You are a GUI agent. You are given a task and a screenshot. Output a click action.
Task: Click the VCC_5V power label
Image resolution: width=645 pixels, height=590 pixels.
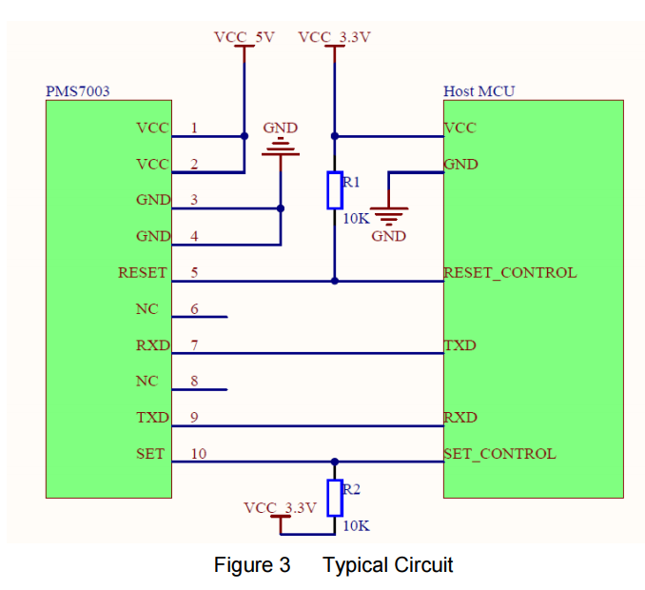244,37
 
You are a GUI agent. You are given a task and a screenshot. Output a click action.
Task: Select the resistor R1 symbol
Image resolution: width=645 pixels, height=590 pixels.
335,190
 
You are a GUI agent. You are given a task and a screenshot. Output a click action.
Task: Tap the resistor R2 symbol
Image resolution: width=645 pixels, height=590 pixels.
335,498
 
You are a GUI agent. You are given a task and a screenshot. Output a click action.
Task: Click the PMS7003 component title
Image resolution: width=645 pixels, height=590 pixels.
78,91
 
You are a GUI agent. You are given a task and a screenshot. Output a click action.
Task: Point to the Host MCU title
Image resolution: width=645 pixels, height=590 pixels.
479,91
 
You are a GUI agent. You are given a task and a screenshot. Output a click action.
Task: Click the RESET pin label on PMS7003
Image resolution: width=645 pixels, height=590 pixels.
143,272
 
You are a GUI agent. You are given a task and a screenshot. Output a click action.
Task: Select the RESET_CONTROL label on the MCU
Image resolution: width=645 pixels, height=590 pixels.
510,273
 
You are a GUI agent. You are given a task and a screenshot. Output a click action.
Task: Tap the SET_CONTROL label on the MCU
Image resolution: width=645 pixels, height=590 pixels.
499,454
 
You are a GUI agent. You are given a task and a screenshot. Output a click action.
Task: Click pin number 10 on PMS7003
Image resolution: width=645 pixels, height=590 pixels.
198,453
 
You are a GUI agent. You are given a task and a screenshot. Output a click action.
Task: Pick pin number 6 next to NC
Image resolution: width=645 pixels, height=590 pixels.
195,308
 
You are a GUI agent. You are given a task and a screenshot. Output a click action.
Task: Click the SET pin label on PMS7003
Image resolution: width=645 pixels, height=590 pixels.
150,453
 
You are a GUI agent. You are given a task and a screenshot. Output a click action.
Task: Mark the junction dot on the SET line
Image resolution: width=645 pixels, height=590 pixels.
335,462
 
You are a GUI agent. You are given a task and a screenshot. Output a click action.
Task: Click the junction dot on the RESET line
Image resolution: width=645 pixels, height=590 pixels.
335,281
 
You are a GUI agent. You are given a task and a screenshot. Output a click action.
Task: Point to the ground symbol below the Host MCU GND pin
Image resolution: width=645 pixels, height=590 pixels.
389,216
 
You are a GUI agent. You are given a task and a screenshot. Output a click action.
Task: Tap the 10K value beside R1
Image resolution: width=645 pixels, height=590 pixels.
356,219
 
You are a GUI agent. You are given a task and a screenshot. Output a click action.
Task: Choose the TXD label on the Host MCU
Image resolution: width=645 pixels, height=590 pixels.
459,345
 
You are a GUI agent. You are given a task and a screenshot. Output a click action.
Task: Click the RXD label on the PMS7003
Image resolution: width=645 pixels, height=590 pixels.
153,344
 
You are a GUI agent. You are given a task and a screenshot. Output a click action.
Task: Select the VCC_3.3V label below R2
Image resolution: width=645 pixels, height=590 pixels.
280,508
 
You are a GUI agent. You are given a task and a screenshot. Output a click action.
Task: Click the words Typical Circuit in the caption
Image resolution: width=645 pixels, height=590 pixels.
388,564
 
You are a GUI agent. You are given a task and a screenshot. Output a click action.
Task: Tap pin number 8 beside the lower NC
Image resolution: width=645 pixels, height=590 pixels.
195,381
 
